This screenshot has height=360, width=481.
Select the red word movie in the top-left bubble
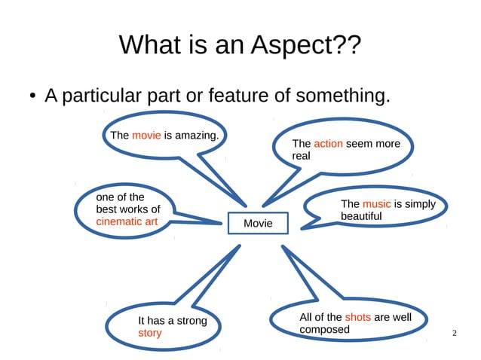(146, 136)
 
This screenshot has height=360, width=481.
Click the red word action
(328, 143)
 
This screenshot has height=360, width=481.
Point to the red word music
(376, 204)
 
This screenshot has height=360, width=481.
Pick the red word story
(149, 333)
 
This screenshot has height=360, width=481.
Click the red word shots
(357, 317)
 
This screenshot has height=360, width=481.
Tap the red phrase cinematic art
(127, 221)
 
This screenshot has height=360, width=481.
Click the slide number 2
(454, 333)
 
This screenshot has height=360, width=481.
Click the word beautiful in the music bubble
(361, 216)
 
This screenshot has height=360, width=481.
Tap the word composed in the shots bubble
(324, 329)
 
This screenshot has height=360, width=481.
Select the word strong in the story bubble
(188, 321)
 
